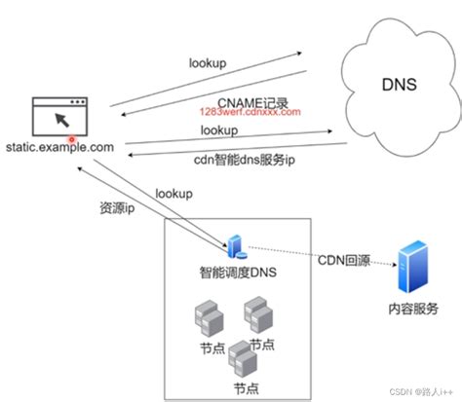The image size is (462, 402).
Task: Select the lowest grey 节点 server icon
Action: (x=244, y=361)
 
